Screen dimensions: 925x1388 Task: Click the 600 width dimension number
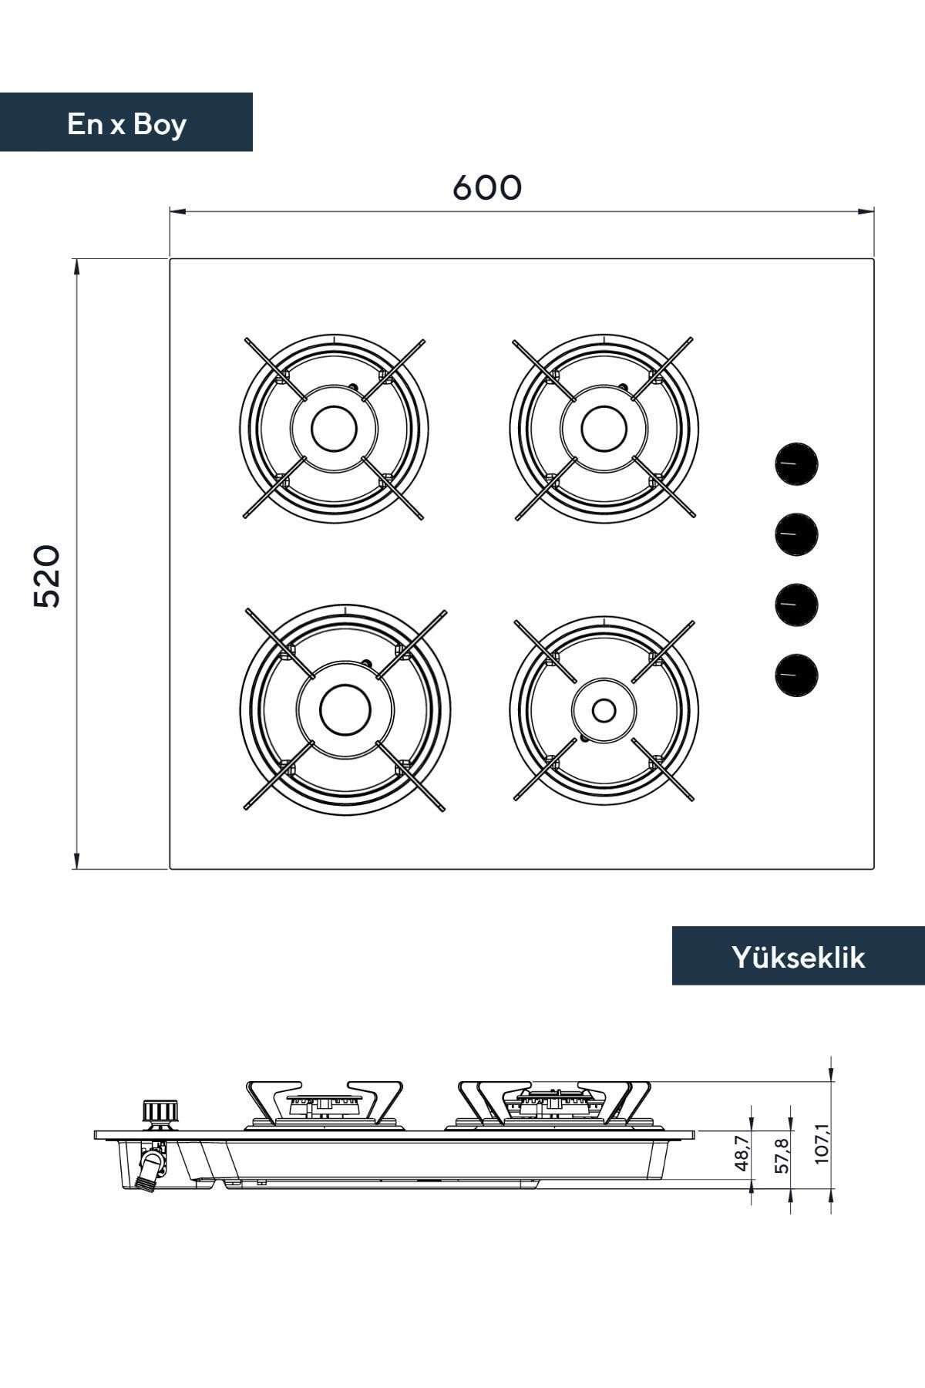(486, 187)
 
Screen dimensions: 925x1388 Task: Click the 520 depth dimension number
(47, 576)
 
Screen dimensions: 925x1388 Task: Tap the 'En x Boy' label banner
(126, 123)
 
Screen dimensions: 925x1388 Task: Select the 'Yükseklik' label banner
(799, 956)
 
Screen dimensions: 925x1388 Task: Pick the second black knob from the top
(796, 534)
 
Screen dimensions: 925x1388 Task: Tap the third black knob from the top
(796, 604)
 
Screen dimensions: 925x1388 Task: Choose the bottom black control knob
(796, 674)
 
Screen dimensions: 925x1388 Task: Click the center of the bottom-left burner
(345, 709)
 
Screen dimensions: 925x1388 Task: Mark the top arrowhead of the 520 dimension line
(76, 265)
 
